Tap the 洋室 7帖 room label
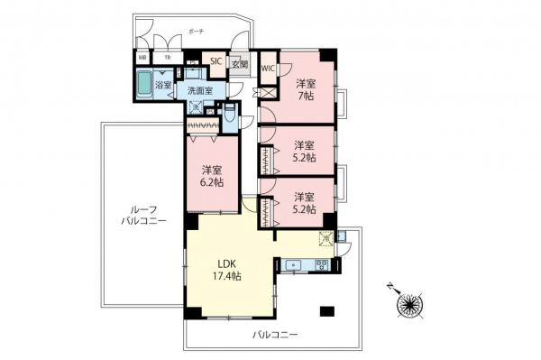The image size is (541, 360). click(306, 89)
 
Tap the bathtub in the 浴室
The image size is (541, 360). click(144, 87)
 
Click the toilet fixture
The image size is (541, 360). click(230, 115)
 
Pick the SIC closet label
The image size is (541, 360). click(216, 62)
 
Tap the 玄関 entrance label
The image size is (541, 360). click(238, 64)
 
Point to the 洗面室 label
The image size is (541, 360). click(199, 90)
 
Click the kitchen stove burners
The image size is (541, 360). click(320, 265)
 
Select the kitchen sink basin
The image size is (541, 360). click(294, 265)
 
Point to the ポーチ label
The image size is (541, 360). click(196, 31)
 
